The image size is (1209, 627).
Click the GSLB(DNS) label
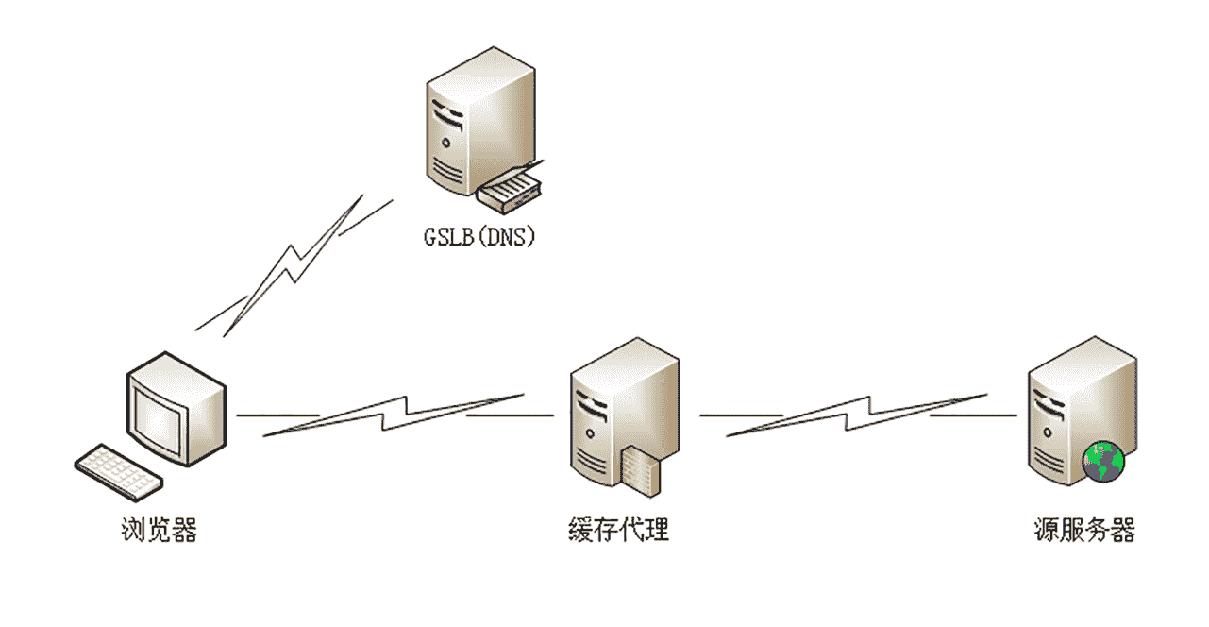[x=479, y=236]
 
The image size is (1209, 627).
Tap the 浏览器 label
[x=160, y=530]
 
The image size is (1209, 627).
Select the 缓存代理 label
[x=618, y=530]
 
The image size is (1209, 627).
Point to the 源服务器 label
[x=1084, y=530]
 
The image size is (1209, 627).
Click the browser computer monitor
[x=177, y=408]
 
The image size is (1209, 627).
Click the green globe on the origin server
[x=1103, y=462]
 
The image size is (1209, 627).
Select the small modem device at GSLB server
[x=511, y=191]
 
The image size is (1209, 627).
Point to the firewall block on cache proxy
[x=646, y=470]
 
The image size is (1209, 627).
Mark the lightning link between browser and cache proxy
[x=395, y=415]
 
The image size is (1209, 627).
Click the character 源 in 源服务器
[x=1047, y=530]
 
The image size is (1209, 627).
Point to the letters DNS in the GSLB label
[x=502, y=236]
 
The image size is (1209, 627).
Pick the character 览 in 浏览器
[x=160, y=530]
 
